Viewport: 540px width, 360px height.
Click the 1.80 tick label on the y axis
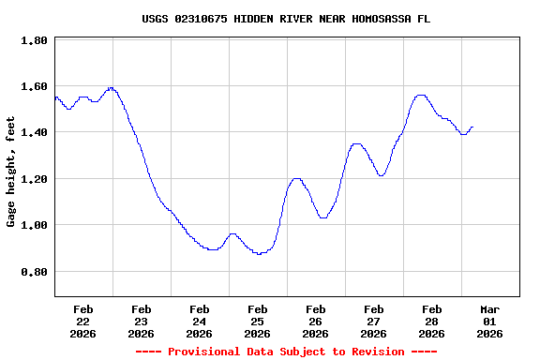coord(34,41)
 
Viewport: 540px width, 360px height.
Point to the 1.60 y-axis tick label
coord(34,87)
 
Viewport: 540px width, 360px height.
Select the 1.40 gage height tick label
coord(34,133)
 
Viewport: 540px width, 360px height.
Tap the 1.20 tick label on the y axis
coord(34,179)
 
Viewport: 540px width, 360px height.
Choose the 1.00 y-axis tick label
coord(34,226)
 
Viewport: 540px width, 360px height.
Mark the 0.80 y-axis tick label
coord(34,272)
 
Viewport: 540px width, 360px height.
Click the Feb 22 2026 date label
coord(83,321)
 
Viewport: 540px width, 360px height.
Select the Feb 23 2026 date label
coord(142,321)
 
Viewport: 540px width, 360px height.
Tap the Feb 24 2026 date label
coord(200,321)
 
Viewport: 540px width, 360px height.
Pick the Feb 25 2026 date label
coord(258,321)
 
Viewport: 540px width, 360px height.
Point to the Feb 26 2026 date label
coord(316,321)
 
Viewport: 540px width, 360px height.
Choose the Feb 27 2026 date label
coord(374,321)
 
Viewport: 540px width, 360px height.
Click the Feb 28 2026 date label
coord(432,321)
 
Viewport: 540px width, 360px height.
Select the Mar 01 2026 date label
coord(490,321)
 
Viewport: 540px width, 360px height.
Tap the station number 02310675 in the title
coord(201,19)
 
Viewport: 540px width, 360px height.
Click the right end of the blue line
coord(472,127)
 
